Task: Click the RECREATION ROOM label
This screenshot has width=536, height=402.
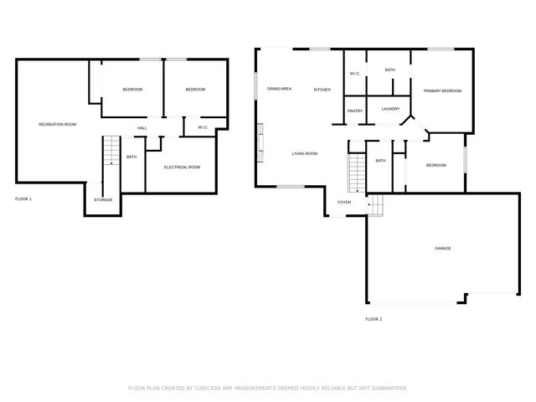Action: coord(58,125)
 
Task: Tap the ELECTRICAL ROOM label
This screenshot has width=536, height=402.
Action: coord(182,167)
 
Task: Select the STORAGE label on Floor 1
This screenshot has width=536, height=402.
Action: coord(103,199)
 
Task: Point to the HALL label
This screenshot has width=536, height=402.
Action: coord(142,128)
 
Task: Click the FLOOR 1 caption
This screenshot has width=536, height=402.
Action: coord(23,199)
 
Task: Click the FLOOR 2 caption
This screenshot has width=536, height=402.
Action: coord(374,319)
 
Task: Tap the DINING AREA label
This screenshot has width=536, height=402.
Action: coord(279,89)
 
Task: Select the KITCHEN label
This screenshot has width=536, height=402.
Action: coord(322,90)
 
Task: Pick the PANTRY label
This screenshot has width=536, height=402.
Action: coord(354,111)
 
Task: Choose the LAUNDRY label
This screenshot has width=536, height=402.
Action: coord(390,109)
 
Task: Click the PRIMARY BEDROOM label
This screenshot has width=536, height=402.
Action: coord(442,90)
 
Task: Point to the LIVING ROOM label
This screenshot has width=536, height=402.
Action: coord(305,153)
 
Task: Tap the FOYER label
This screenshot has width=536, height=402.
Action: coord(344,203)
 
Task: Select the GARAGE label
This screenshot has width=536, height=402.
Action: coord(443,249)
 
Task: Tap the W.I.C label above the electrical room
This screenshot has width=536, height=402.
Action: coord(203,127)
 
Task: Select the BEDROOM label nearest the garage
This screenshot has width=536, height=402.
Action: coord(436,165)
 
